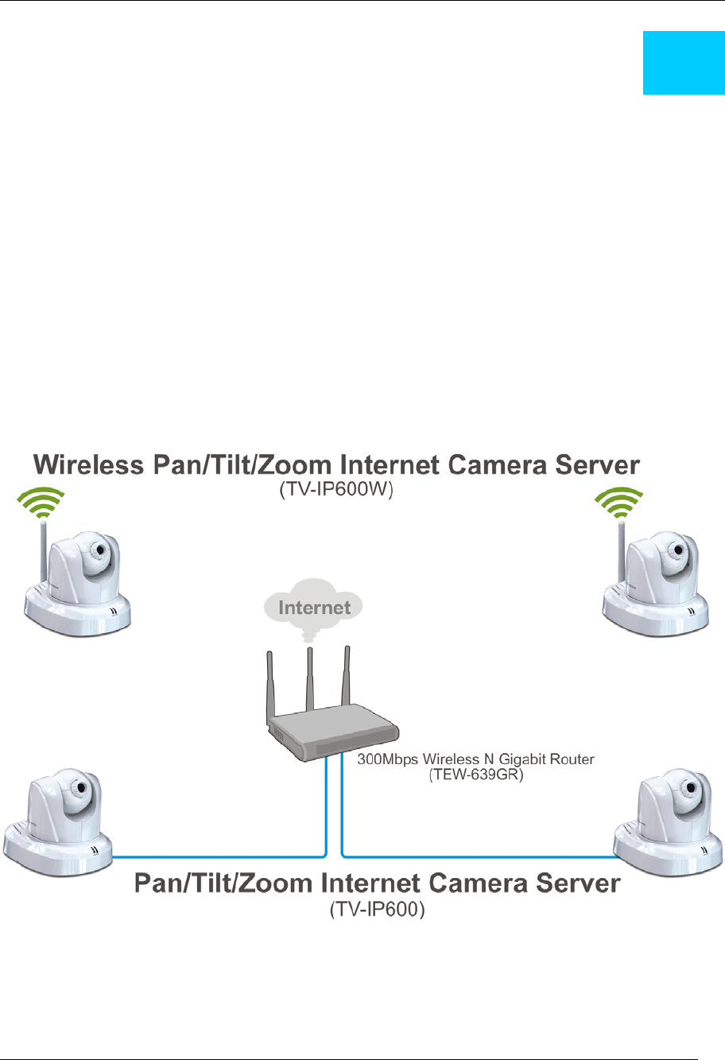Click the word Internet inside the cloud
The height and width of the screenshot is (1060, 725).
pos(314,608)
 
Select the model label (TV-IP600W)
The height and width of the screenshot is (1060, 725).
pos(336,491)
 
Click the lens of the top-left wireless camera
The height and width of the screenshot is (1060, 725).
pos(100,549)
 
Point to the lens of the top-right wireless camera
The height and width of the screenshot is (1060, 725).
pos(679,549)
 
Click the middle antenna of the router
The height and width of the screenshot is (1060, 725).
pos(310,676)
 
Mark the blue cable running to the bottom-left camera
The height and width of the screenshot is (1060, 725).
pos(215,856)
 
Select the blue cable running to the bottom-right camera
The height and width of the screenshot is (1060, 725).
pos(477,856)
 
